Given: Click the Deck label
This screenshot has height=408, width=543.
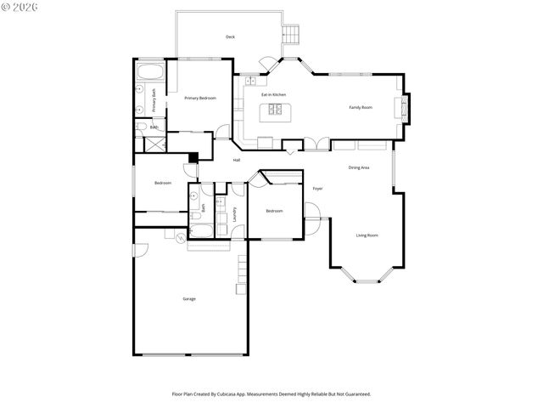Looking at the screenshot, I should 230,37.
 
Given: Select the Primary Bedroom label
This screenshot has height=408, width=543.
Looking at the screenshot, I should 200,99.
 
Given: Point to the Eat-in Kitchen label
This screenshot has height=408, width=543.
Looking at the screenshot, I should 273,94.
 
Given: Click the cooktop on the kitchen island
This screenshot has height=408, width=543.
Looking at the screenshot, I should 277,109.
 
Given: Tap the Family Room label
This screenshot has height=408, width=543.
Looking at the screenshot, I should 361,107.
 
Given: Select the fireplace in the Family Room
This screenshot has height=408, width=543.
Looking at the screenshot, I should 402,107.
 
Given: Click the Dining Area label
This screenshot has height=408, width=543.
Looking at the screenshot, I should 359,167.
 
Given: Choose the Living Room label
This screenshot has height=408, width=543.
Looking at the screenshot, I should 367,235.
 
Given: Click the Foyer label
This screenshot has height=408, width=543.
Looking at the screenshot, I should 317,188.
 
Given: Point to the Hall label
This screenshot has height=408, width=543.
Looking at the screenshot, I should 237,160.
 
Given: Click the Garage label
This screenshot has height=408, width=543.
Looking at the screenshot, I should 189,298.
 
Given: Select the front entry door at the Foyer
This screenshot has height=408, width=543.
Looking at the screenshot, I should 311,224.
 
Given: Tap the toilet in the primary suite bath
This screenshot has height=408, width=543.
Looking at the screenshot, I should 143,127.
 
